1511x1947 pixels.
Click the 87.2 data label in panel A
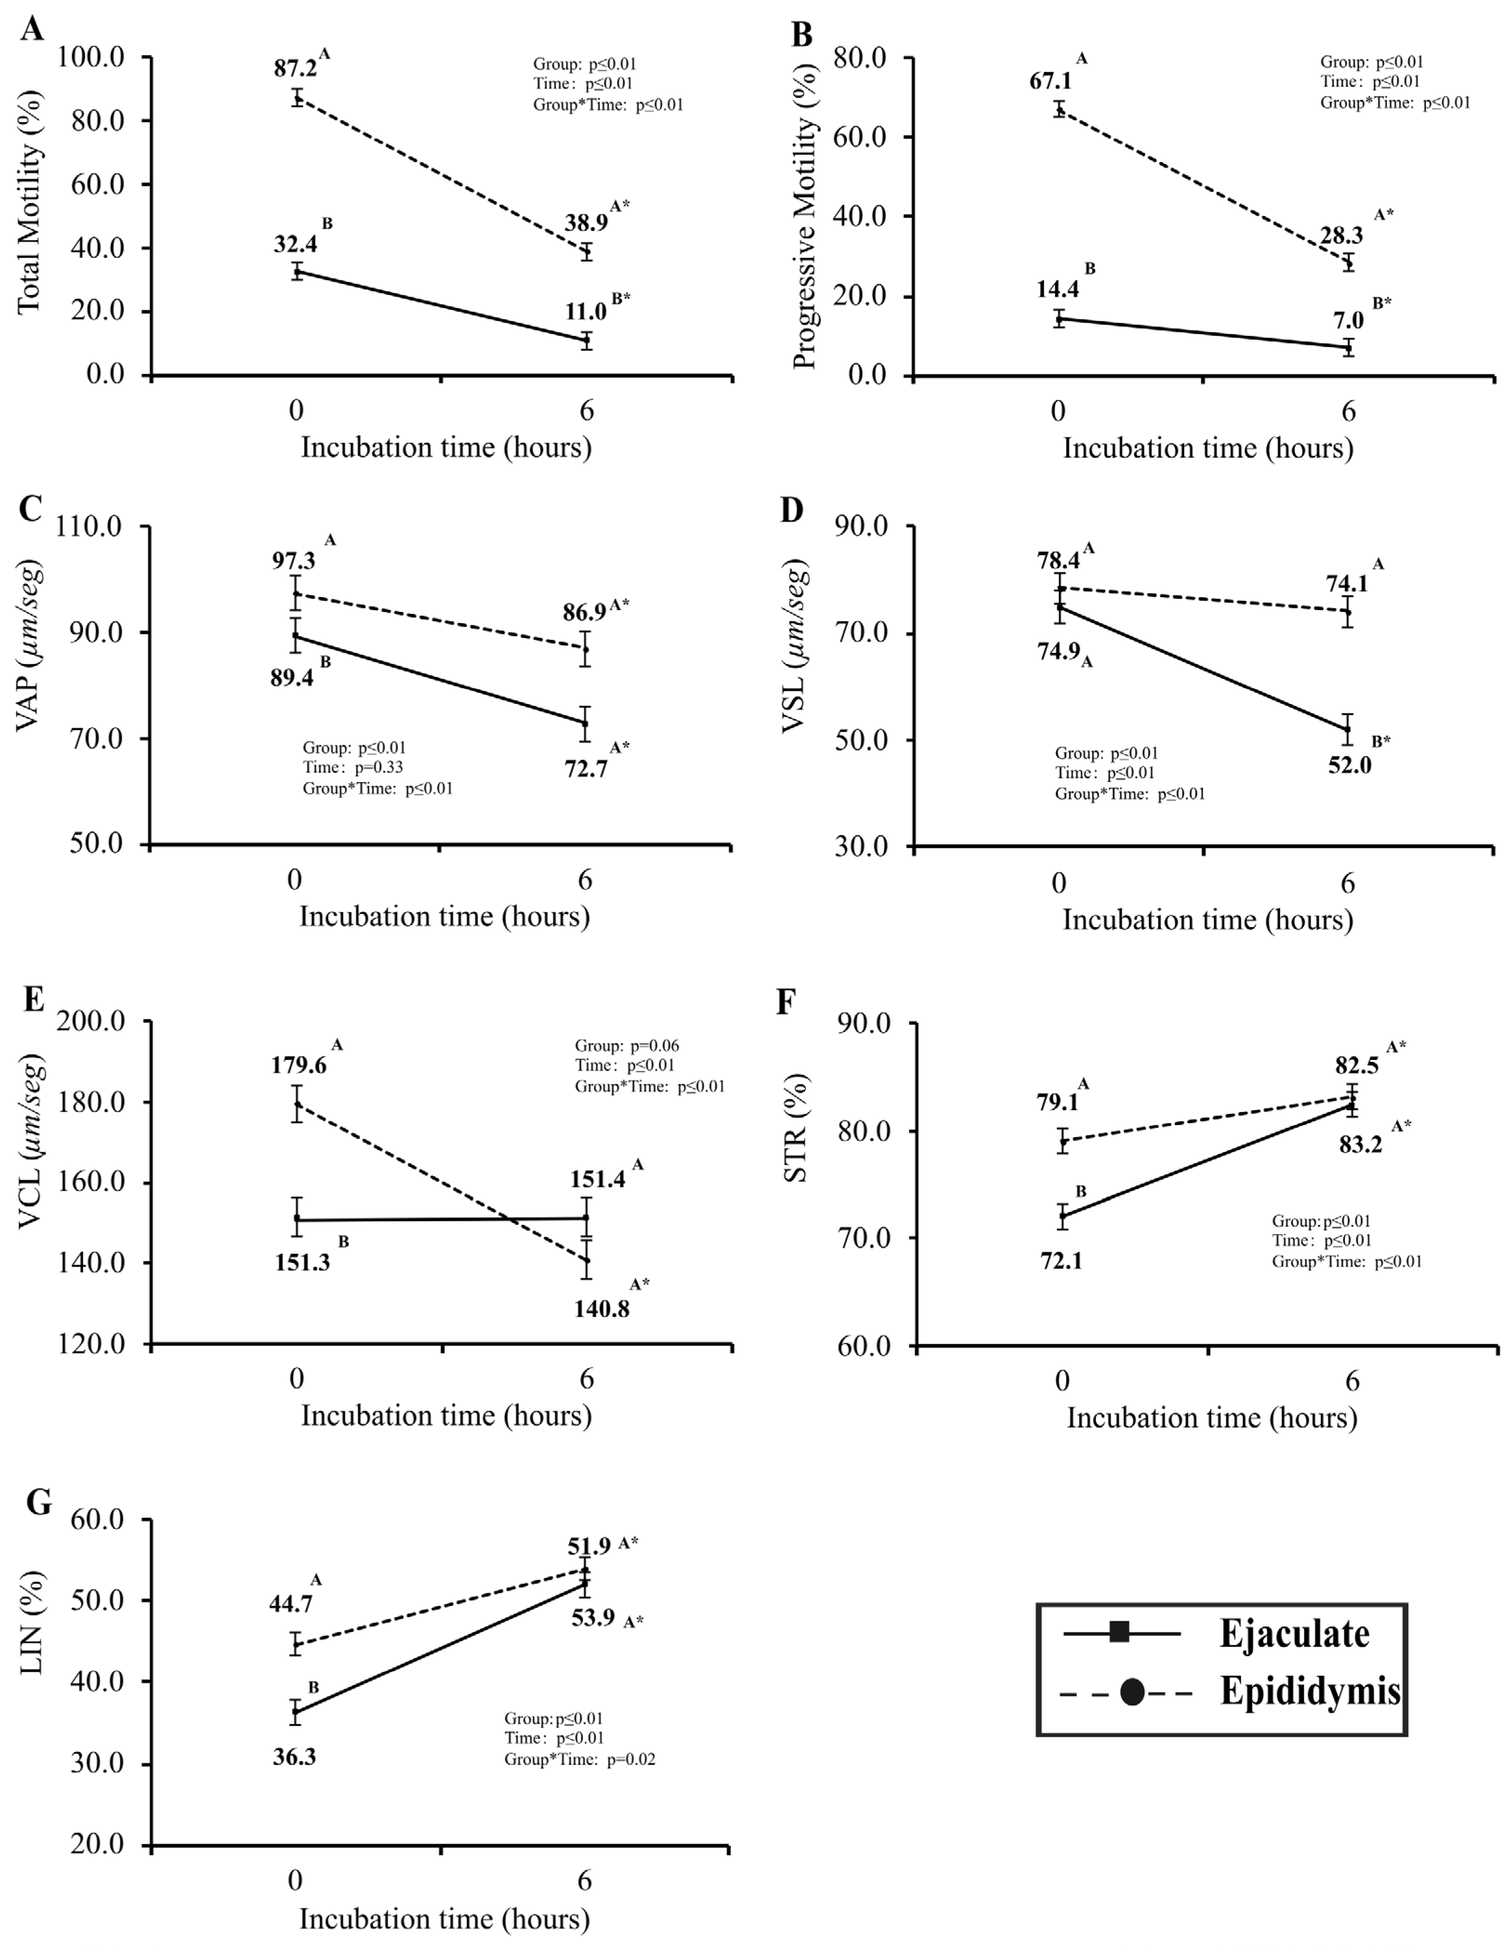(295, 69)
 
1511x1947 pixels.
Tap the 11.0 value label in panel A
(585, 311)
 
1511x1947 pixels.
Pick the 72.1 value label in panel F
(1061, 1262)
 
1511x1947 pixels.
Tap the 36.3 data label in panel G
(294, 1756)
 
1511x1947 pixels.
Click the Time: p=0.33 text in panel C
(353, 767)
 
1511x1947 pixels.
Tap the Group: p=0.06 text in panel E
(627, 1045)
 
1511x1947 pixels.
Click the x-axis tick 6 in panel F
(1352, 1381)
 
